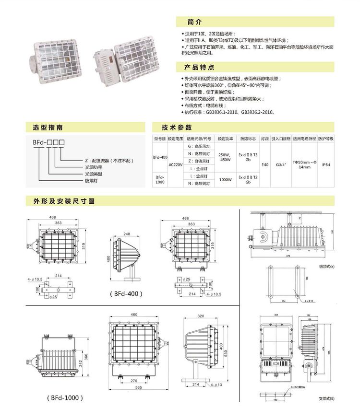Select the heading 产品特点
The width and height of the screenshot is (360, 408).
pyautogui.click(x=201, y=67)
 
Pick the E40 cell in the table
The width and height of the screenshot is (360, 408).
pyautogui.click(x=265, y=164)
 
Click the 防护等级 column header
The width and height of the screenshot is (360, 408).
pyautogui.click(x=326, y=138)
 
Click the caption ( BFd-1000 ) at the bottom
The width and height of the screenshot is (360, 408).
pyautogui.click(x=65, y=397)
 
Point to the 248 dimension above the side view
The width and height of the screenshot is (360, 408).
pyautogui.click(x=127, y=234)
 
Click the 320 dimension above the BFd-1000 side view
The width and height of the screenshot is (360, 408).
pyautogui.click(x=201, y=316)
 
